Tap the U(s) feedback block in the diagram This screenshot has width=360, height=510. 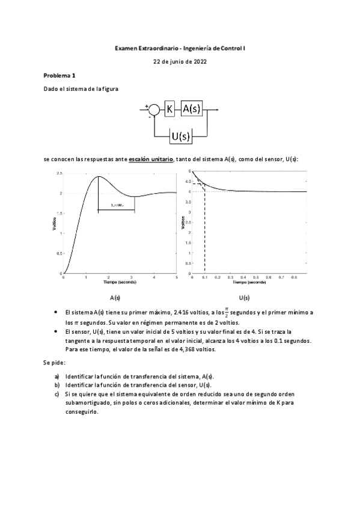point(180,136)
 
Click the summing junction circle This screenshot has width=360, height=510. point(154,109)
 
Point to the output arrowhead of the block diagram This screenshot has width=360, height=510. point(217,109)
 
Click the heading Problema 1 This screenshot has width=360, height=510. point(59,76)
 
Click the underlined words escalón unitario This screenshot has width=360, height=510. point(151,159)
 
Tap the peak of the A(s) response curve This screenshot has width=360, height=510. point(97,176)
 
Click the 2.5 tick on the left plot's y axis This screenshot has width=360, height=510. point(59,173)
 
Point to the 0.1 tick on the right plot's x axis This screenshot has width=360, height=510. point(205,277)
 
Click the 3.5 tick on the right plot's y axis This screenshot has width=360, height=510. point(188,202)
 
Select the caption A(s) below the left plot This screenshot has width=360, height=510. point(116,298)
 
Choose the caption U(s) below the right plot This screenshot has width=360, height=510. point(244,298)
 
